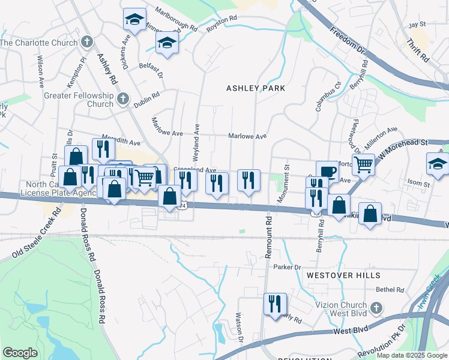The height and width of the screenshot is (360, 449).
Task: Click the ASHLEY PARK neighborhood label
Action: [x=255, y=88]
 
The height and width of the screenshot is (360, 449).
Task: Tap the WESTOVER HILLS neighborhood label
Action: [x=343, y=275]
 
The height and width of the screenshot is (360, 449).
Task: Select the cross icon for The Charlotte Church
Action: [x=87, y=43]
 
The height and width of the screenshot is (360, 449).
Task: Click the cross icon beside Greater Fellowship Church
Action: [x=123, y=99]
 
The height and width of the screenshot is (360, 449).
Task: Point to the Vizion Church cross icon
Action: [x=376, y=308]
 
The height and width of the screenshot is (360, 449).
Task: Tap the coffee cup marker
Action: [x=327, y=172]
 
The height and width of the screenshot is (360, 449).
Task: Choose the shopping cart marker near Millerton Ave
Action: [x=363, y=163]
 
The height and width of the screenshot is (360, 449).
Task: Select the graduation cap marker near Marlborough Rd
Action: [x=134, y=20]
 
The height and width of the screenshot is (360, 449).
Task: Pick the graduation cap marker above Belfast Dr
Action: [x=167, y=43]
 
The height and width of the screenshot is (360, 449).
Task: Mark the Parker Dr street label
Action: [x=286, y=267]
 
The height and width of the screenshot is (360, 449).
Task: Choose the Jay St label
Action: [x=417, y=25]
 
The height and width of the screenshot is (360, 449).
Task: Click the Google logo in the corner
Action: [x=20, y=352]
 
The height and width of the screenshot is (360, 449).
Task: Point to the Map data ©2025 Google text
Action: [x=411, y=355]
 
